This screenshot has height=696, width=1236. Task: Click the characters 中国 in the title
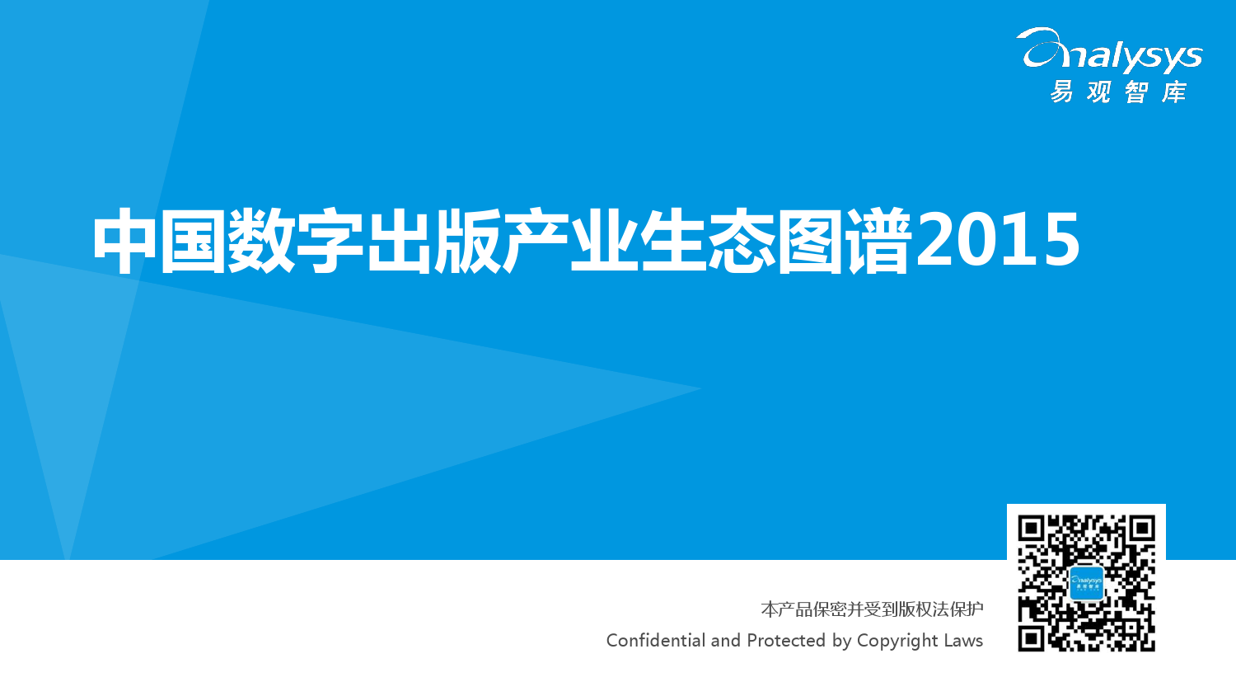pyautogui.click(x=160, y=241)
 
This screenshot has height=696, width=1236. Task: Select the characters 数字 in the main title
pyautogui.click(x=297, y=241)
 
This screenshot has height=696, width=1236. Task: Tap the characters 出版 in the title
pyautogui.click(x=434, y=241)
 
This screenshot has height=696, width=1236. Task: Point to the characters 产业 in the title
pyautogui.click(x=571, y=241)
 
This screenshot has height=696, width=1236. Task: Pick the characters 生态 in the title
pyautogui.click(x=708, y=241)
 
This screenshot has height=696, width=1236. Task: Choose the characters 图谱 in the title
pyautogui.click(x=845, y=241)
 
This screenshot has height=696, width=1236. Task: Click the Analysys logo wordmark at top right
pyautogui.click(x=1109, y=51)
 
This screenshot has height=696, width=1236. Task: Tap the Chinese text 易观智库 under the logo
pyautogui.click(x=1118, y=92)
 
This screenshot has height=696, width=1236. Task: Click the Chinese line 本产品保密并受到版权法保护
pyautogui.click(x=872, y=609)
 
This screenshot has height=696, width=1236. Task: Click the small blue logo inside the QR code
pyautogui.click(x=1087, y=583)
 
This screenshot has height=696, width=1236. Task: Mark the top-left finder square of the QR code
pyautogui.click(x=1032, y=529)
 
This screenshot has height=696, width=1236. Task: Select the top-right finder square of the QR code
pyautogui.click(x=1141, y=529)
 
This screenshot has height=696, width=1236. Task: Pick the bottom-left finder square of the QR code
pyautogui.click(x=1032, y=638)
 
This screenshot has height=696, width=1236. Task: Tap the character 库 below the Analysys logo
pyautogui.click(x=1174, y=92)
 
